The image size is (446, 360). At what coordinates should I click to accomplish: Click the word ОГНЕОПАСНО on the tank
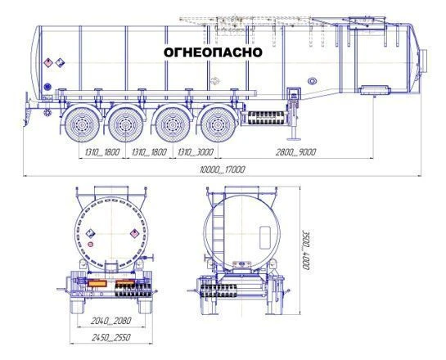point(213,52)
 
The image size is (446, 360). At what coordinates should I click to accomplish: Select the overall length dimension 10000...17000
point(222,169)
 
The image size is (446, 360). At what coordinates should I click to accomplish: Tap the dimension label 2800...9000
point(295,152)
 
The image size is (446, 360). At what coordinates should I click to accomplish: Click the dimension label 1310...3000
point(196,152)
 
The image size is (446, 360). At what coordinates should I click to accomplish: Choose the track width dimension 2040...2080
point(111,321)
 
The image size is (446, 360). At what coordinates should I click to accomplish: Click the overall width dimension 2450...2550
point(111,338)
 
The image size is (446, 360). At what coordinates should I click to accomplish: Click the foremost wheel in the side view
point(218,124)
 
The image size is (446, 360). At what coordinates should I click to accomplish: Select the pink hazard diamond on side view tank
point(48,62)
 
